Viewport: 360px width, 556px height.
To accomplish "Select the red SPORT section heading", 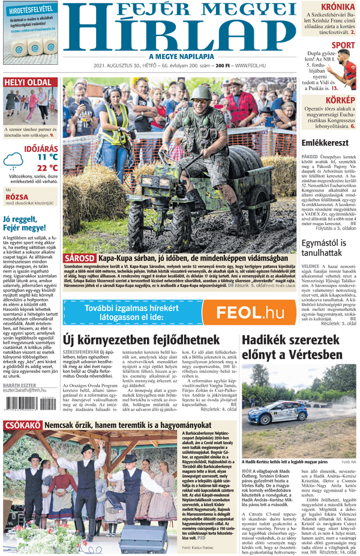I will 343,45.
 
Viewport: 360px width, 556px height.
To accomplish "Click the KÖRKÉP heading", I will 341,100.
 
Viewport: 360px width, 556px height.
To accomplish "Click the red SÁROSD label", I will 79,258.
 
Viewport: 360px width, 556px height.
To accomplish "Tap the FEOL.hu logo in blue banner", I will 249,312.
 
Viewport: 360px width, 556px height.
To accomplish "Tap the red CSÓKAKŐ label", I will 22,425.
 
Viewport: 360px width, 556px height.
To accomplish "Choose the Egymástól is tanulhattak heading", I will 325,249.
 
